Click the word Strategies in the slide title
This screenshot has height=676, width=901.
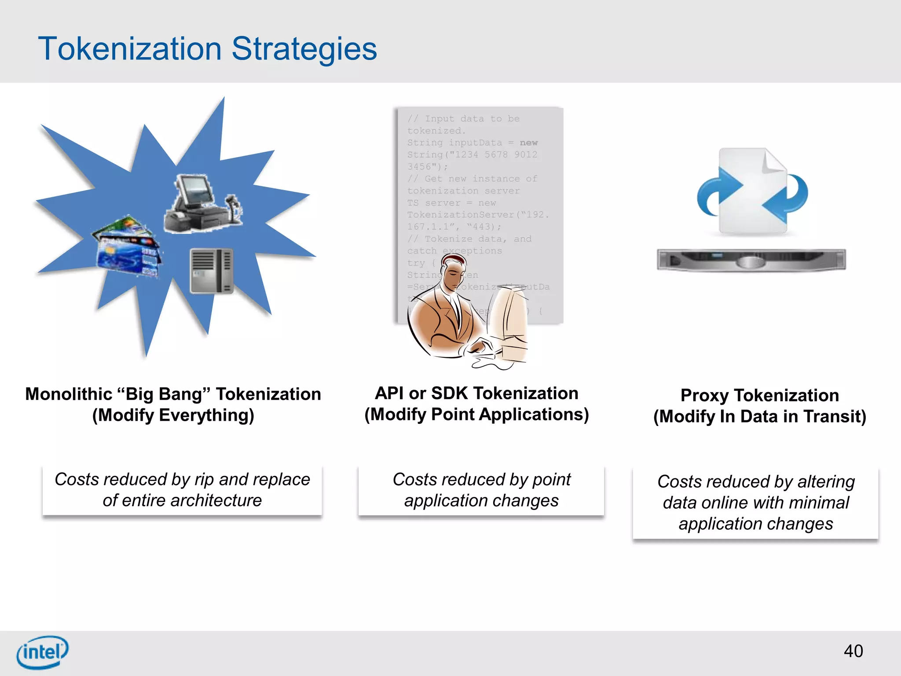[304, 49]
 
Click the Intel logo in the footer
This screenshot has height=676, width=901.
[42, 652]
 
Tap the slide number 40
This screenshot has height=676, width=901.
[853, 651]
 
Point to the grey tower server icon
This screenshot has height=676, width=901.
[212, 271]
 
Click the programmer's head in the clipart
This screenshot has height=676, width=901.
[453, 272]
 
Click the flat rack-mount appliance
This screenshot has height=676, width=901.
[751, 260]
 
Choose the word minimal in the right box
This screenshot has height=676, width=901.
[819, 503]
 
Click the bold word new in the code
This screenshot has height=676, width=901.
[528, 143]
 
